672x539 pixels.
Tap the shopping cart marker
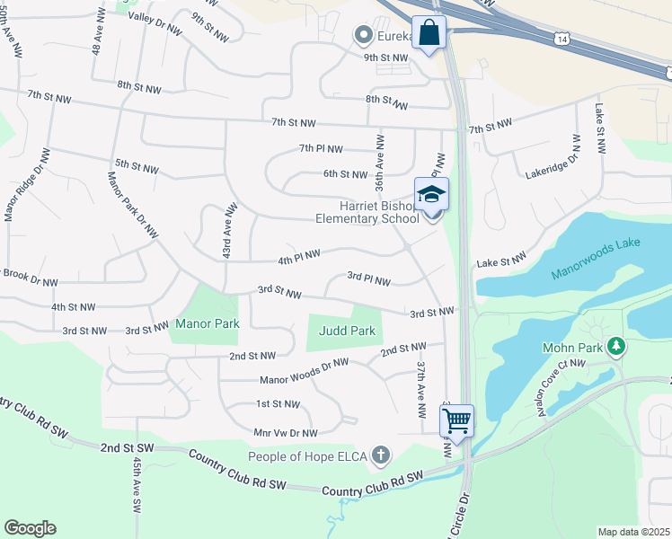tap(457, 419)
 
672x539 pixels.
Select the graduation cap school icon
tap(431, 195)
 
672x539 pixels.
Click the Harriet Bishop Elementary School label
tap(367, 212)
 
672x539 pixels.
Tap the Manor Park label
tap(208, 323)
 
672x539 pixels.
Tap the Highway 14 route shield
tap(561, 40)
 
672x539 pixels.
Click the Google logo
tap(30, 528)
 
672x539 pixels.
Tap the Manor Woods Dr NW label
tap(304, 373)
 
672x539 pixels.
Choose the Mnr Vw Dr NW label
tap(286, 432)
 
